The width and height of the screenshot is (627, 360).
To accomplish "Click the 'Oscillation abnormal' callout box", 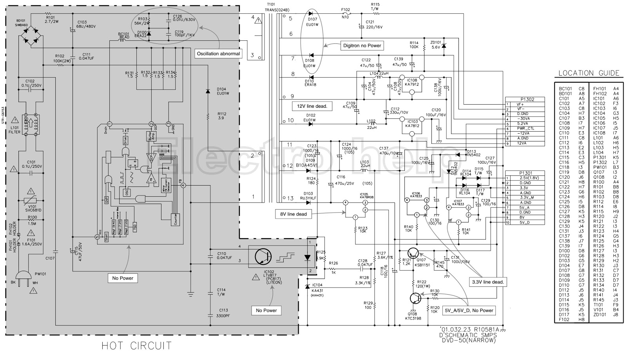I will [219, 53].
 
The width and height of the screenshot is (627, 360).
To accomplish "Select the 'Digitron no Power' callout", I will [362, 45].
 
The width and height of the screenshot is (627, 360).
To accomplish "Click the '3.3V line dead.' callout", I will [487, 282].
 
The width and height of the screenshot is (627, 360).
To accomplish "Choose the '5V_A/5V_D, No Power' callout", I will [469, 310].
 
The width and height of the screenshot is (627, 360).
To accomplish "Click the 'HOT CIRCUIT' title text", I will [136, 346].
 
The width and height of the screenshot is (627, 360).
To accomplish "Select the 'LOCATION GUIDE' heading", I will [589, 73].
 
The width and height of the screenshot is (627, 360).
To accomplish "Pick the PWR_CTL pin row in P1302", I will [525, 128].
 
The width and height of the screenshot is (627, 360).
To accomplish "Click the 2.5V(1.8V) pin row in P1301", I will [525, 178].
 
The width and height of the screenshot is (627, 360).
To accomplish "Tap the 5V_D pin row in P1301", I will [525, 223].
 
